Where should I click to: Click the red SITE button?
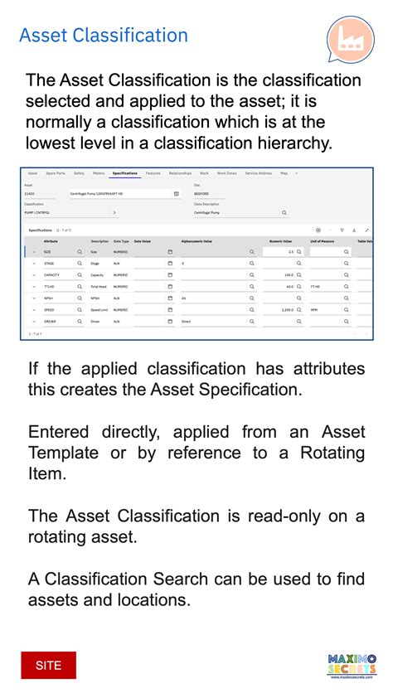click(x=48, y=666)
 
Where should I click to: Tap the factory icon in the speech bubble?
click(x=349, y=39)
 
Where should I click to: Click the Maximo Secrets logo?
click(x=352, y=666)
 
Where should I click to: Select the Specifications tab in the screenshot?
click(x=124, y=173)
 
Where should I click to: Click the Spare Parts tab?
click(x=56, y=173)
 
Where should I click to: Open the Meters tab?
click(x=99, y=173)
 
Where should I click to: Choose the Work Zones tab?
click(x=226, y=173)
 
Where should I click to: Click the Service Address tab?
click(x=258, y=173)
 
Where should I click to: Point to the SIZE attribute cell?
click(x=47, y=251)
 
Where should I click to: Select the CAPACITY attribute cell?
click(x=51, y=274)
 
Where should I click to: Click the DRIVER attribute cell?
click(x=50, y=321)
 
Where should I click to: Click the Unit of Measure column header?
click(x=323, y=240)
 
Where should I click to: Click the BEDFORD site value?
click(x=201, y=193)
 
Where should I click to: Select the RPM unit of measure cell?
click(x=315, y=309)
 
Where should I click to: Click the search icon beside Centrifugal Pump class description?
click(x=284, y=213)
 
